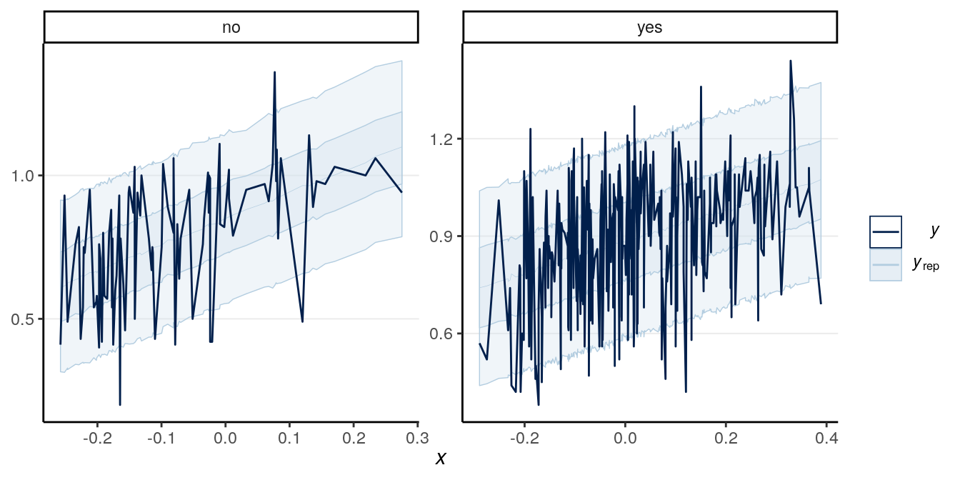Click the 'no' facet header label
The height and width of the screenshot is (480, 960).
tap(231, 29)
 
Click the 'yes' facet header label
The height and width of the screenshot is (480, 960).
tap(649, 29)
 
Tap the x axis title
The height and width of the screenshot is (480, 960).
tap(441, 459)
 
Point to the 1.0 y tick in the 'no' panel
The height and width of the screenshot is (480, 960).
tap(26, 176)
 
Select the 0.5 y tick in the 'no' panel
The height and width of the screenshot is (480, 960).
tap(26, 319)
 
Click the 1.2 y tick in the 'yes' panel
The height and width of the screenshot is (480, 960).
tap(445, 139)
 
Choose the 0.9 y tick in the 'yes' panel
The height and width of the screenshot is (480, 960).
tap(445, 236)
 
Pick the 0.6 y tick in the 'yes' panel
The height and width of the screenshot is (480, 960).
tap(445, 334)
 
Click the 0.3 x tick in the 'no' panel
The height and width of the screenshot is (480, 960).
tap(417, 436)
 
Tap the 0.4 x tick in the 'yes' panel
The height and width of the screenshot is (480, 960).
tap(827, 436)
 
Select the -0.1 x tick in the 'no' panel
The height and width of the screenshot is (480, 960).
tap(161, 436)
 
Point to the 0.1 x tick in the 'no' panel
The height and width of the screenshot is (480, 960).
tap(289, 436)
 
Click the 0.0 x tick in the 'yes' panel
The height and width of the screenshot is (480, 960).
tap(625, 436)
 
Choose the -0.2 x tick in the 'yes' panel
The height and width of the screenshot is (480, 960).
tap(524, 436)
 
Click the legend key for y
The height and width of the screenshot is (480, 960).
tap(886, 231)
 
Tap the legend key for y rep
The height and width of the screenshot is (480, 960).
tap(886, 264)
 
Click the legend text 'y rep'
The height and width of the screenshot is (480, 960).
tap(925, 264)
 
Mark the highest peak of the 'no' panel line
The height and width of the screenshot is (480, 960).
tap(274, 72)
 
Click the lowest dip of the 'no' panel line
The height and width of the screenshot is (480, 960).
tap(119, 405)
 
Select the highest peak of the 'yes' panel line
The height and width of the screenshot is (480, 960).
tap(790, 61)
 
